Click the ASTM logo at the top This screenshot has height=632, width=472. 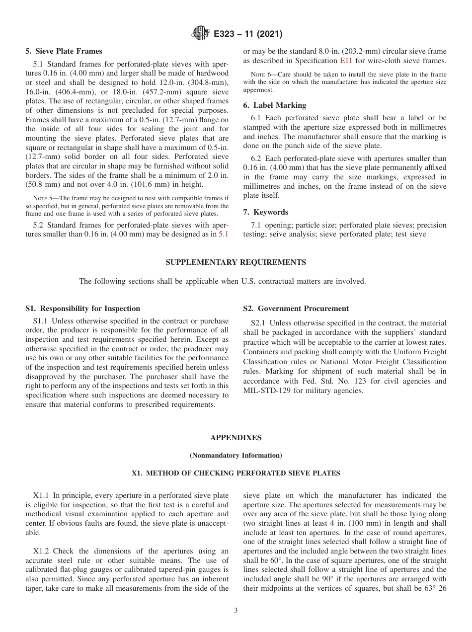pos(200,34)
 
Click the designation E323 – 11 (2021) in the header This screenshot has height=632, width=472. pos(248,34)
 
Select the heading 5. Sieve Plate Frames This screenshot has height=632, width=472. pos(64,51)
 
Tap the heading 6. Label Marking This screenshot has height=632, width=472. pos(274,105)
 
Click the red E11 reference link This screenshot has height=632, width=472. pos(345,61)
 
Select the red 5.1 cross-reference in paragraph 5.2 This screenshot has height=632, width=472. pos(224,234)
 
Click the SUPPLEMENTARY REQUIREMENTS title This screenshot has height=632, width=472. pos(236,262)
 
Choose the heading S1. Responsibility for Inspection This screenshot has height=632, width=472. pos(82,309)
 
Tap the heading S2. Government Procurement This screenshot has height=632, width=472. pos(296,309)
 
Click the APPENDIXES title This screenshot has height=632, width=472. pos(236,438)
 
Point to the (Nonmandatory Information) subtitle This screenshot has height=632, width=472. pos(236,455)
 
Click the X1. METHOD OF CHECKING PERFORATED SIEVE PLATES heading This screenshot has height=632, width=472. pos(236,474)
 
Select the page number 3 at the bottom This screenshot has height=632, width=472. pos(236,611)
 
